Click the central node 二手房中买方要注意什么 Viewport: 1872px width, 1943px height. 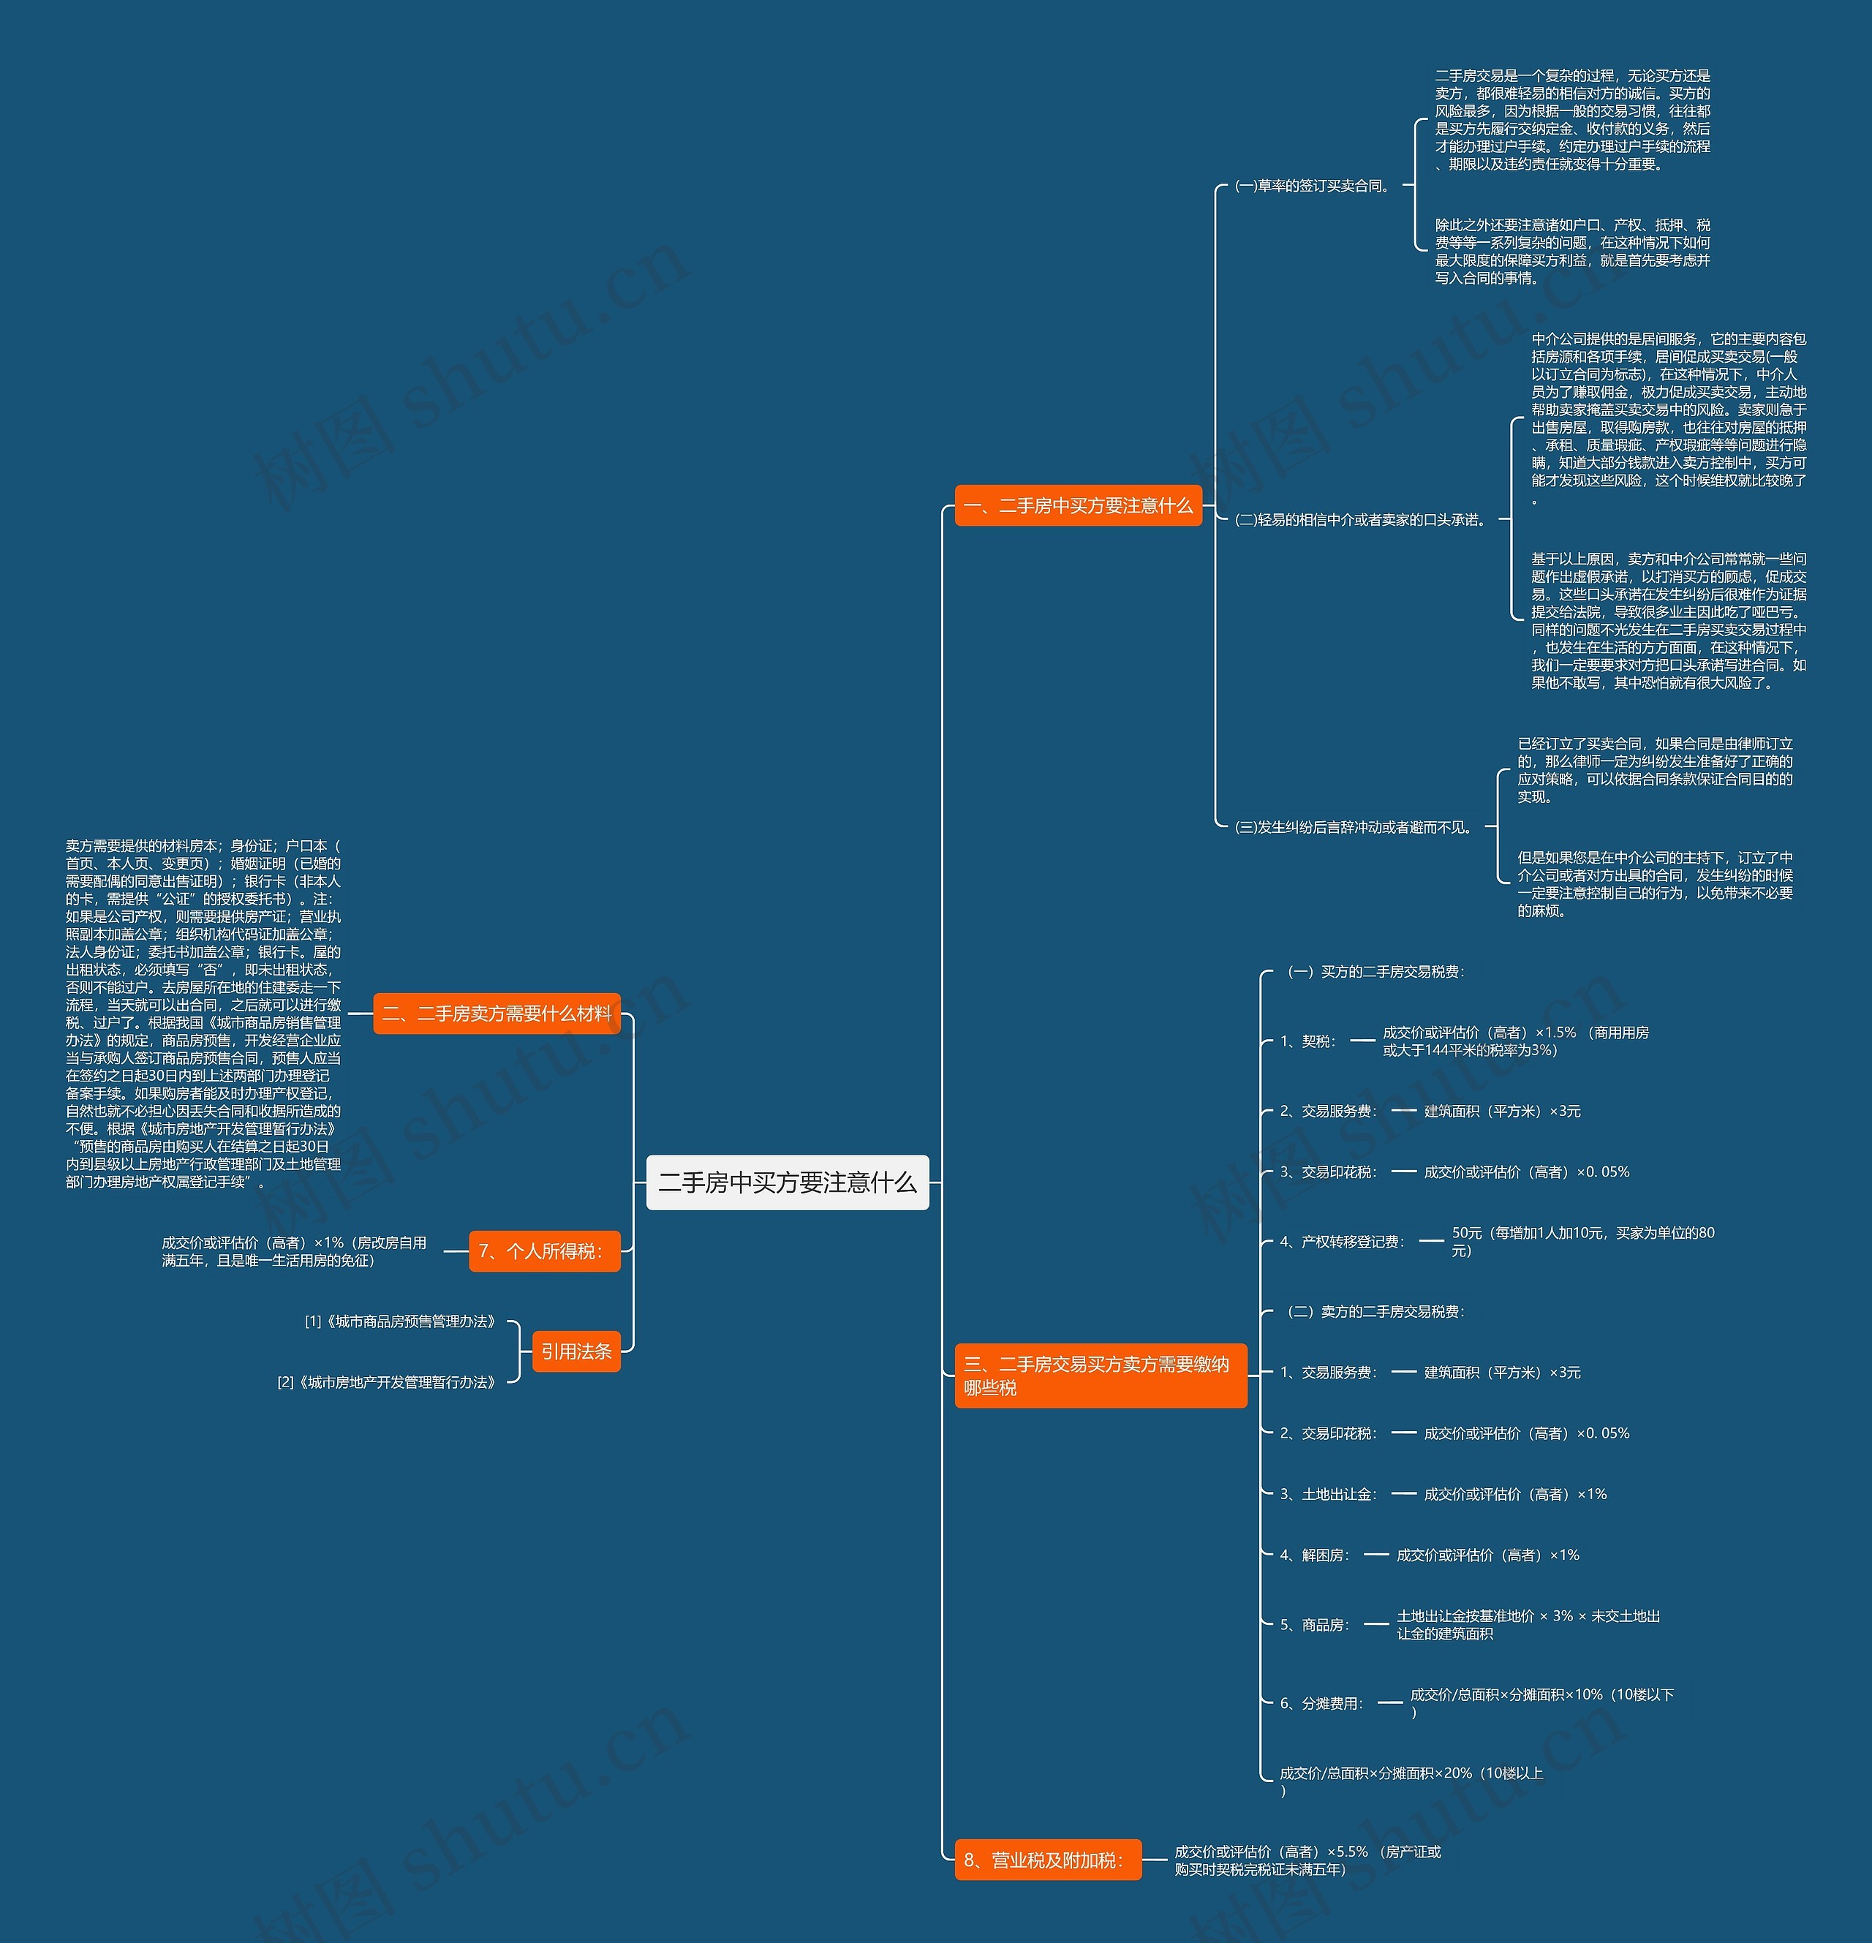[x=788, y=1182]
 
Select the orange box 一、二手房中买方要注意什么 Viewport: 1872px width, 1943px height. [x=1078, y=505]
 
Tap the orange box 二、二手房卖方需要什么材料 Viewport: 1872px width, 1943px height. [x=497, y=1013]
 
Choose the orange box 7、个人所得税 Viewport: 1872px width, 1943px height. [x=544, y=1251]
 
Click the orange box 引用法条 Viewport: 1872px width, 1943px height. [x=576, y=1351]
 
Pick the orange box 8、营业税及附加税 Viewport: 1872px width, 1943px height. [x=1047, y=1860]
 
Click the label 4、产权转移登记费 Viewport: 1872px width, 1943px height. [x=1343, y=1241]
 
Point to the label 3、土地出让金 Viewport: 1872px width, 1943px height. [x=1329, y=1494]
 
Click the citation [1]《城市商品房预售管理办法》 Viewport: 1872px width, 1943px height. [x=399, y=1321]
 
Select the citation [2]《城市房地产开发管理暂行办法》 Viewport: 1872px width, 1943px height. [x=385, y=1382]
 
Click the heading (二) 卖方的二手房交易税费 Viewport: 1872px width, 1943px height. [x=1375, y=1311]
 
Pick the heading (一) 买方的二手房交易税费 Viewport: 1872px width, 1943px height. [x=1375, y=971]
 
